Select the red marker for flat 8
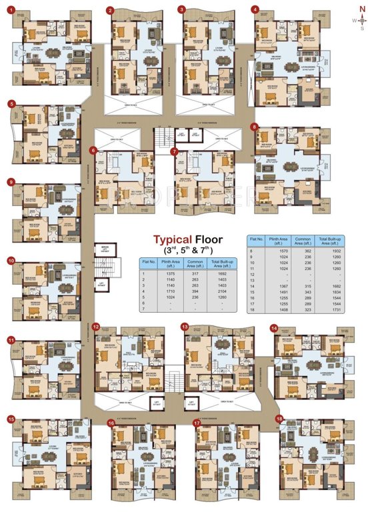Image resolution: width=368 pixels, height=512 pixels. point(254,126)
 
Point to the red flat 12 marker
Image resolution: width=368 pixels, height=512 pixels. point(96,327)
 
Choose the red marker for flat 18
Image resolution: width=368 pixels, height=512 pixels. point(279,419)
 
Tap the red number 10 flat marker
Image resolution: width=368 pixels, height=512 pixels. point(11,261)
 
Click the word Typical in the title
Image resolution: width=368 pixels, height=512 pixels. point(175,239)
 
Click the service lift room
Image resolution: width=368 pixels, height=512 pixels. point(103,248)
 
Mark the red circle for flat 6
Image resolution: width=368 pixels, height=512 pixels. point(94,151)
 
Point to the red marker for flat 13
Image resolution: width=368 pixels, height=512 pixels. point(185,327)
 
